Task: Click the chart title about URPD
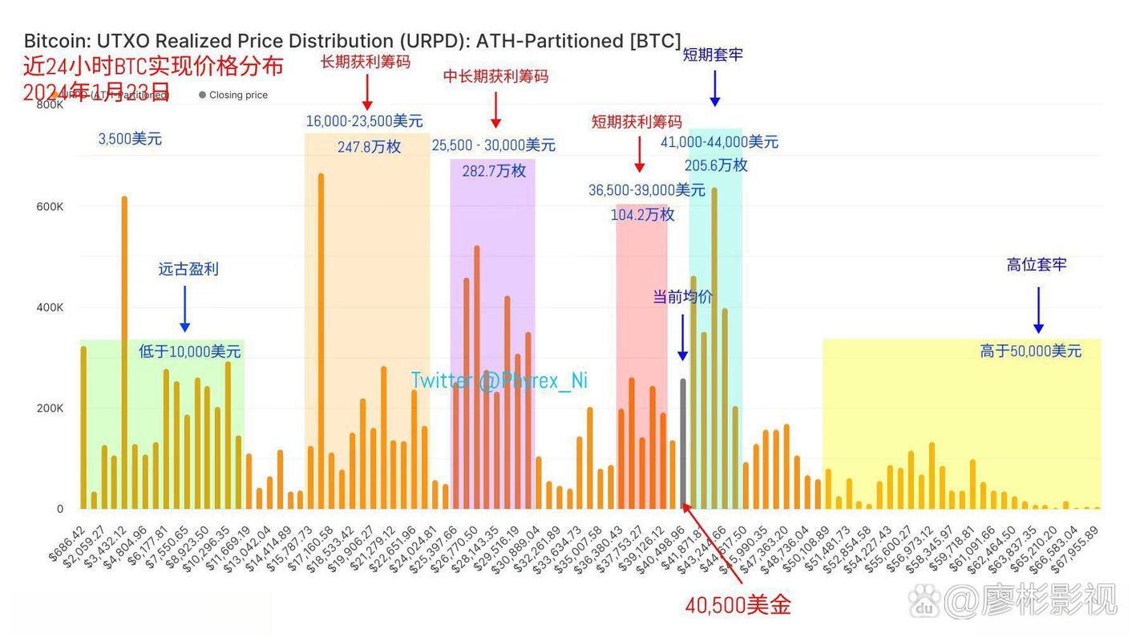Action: coord(352,41)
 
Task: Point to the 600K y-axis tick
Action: coord(49,206)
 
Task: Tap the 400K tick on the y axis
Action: coord(49,307)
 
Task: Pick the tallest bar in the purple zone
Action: coord(477,377)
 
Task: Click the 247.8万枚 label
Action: coord(369,147)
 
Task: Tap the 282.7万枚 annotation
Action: coord(494,170)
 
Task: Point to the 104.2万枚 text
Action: coord(642,214)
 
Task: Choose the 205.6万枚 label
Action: coord(716,165)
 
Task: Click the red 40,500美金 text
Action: coord(738,605)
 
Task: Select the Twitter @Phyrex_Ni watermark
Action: coord(499,380)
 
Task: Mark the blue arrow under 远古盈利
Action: coord(185,308)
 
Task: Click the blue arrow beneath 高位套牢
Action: coord(1038,310)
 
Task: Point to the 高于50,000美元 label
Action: coord(1030,351)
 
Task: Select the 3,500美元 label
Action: coord(130,139)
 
